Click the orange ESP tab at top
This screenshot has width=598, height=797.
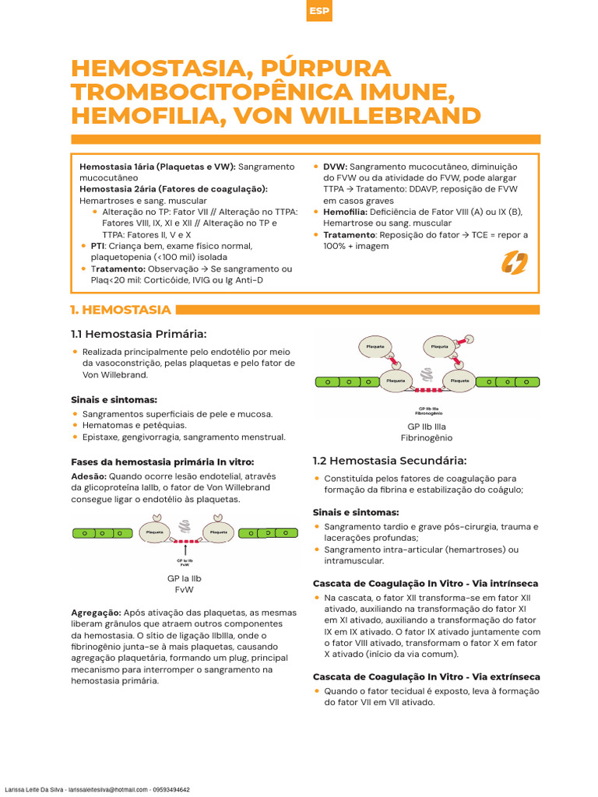pyautogui.click(x=318, y=11)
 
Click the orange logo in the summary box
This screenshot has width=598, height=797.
pyautogui.click(x=514, y=263)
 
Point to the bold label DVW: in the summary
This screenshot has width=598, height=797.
pyautogui.click(x=335, y=167)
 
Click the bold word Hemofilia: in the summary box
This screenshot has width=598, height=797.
pyautogui.click(x=345, y=212)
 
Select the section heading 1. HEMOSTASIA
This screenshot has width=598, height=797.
pyautogui.click(x=121, y=310)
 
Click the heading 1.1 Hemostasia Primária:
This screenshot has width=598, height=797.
pyautogui.click(x=139, y=334)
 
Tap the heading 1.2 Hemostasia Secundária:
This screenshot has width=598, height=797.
pyautogui.click(x=389, y=460)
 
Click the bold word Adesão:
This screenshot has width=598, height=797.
pyautogui.click(x=89, y=476)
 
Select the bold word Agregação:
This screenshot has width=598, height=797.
pyautogui.click(x=96, y=613)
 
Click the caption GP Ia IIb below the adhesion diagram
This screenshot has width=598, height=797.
pyautogui.click(x=185, y=578)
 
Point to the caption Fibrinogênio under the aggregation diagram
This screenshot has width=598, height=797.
pyautogui.click(x=427, y=438)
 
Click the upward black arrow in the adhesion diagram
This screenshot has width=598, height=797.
pyautogui.click(x=185, y=550)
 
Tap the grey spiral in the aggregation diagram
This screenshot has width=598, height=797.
pyautogui.click(x=426, y=373)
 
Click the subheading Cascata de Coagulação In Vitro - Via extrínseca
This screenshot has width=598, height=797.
pyautogui.click(x=426, y=676)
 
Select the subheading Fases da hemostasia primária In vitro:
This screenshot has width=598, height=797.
pyautogui.click(x=162, y=462)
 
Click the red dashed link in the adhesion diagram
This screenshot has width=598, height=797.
pyautogui.click(x=185, y=540)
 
